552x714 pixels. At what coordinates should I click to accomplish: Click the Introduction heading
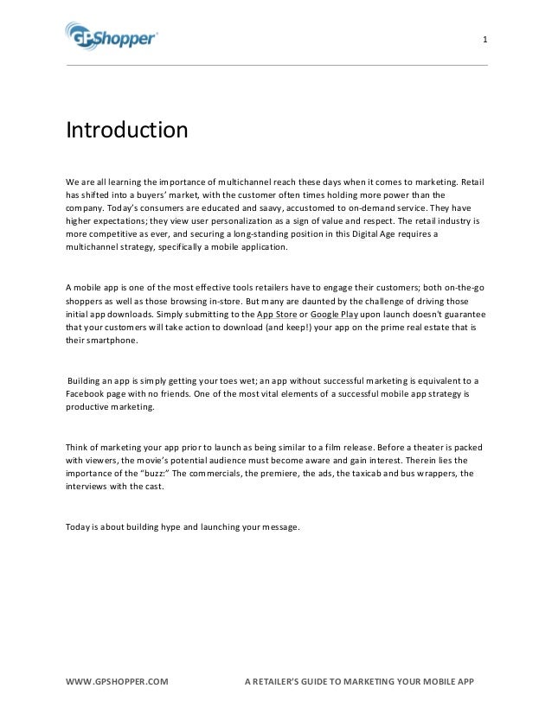(x=127, y=131)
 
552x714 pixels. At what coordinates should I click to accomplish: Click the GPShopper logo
(x=112, y=37)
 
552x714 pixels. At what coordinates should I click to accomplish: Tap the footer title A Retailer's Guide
(x=360, y=681)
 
